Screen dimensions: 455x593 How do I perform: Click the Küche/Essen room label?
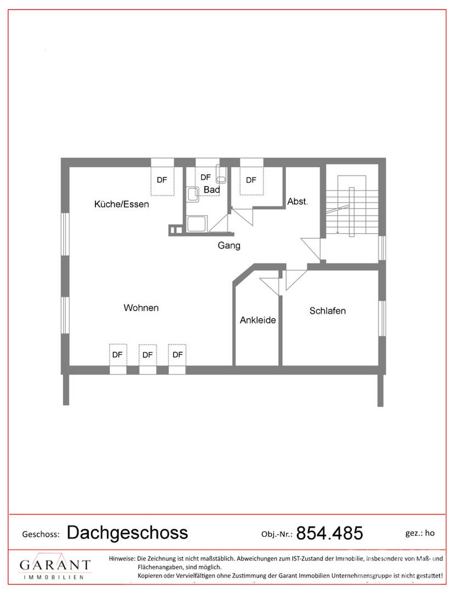pyautogui.click(x=121, y=204)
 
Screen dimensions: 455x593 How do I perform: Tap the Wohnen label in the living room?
pyautogui.click(x=141, y=307)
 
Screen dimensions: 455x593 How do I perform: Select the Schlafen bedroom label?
pyautogui.click(x=328, y=310)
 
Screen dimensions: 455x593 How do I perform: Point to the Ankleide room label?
pyautogui.click(x=258, y=320)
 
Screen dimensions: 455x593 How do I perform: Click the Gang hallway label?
pyautogui.click(x=229, y=245)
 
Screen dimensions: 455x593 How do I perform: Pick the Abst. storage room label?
pyautogui.click(x=298, y=202)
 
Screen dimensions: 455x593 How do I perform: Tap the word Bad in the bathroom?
pyautogui.click(x=212, y=189)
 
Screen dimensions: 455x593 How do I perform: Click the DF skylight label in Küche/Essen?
pyautogui.click(x=162, y=180)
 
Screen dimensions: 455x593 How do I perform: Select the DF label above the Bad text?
pyautogui.click(x=206, y=177)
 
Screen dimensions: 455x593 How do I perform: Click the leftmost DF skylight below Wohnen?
pyautogui.click(x=117, y=355)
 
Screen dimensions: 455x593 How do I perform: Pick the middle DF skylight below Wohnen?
pyautogui.click(x=148, y=355)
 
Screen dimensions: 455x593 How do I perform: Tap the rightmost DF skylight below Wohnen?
pyautogui.click(x=178, y=355)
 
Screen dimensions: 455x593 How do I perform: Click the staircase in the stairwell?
pyautogui.click(x=352, y=206)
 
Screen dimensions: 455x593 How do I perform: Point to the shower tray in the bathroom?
pyautogui.click(x=197, y=223)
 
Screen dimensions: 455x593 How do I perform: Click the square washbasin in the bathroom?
pyautogui.click(x=193, y=195)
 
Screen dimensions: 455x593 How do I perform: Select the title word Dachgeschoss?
pyautogui.click(x=127, y=533)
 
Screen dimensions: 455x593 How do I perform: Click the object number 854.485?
pyautogui.click(x=329, y=533)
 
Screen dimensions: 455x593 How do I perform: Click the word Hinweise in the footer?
pyautogui.click(x=122, y=558)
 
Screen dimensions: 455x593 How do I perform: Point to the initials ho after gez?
pyautogui.click(x=430, y=533)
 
